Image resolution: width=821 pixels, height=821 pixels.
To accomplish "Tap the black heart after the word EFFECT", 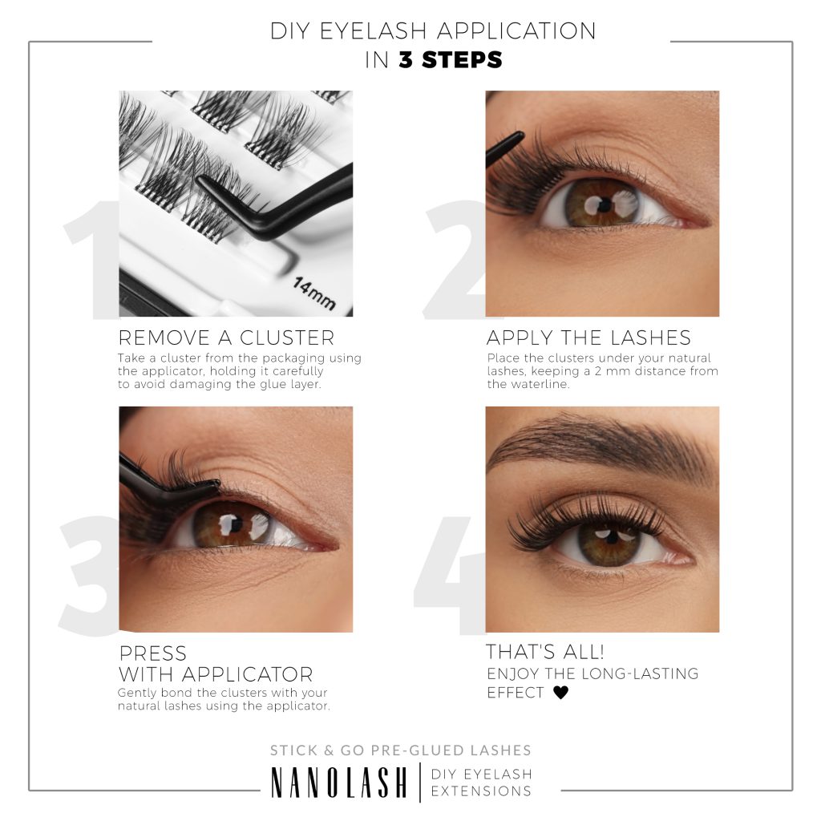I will point(560,693).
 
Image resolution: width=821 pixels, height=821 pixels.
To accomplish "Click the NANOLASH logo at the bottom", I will point(339,783).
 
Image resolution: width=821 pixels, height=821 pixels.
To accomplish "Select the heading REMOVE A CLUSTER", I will point(226,337).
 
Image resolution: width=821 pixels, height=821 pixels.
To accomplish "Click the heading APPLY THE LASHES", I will point(588,337).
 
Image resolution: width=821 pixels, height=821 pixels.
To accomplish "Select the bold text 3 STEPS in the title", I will point(451,60).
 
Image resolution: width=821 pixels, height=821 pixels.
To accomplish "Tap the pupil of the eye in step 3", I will point(230,524).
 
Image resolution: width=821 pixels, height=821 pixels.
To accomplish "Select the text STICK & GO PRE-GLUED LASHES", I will point(401,750).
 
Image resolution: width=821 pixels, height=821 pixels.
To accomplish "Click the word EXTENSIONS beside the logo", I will point(481,791).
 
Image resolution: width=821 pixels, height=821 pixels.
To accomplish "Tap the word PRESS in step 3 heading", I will point(152,653).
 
